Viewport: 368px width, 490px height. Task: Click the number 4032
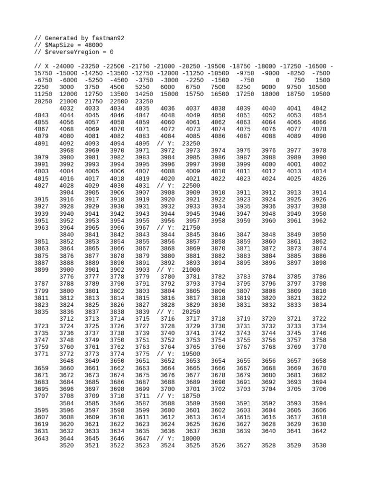[67, 109]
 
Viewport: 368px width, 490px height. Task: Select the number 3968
[67, 151]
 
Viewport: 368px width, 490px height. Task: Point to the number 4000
[269, 165]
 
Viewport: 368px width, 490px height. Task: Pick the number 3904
[67, 193]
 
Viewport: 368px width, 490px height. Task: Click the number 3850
[319, 235]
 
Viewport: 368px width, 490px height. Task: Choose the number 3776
[67, 277]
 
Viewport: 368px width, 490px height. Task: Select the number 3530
[319, 445]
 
